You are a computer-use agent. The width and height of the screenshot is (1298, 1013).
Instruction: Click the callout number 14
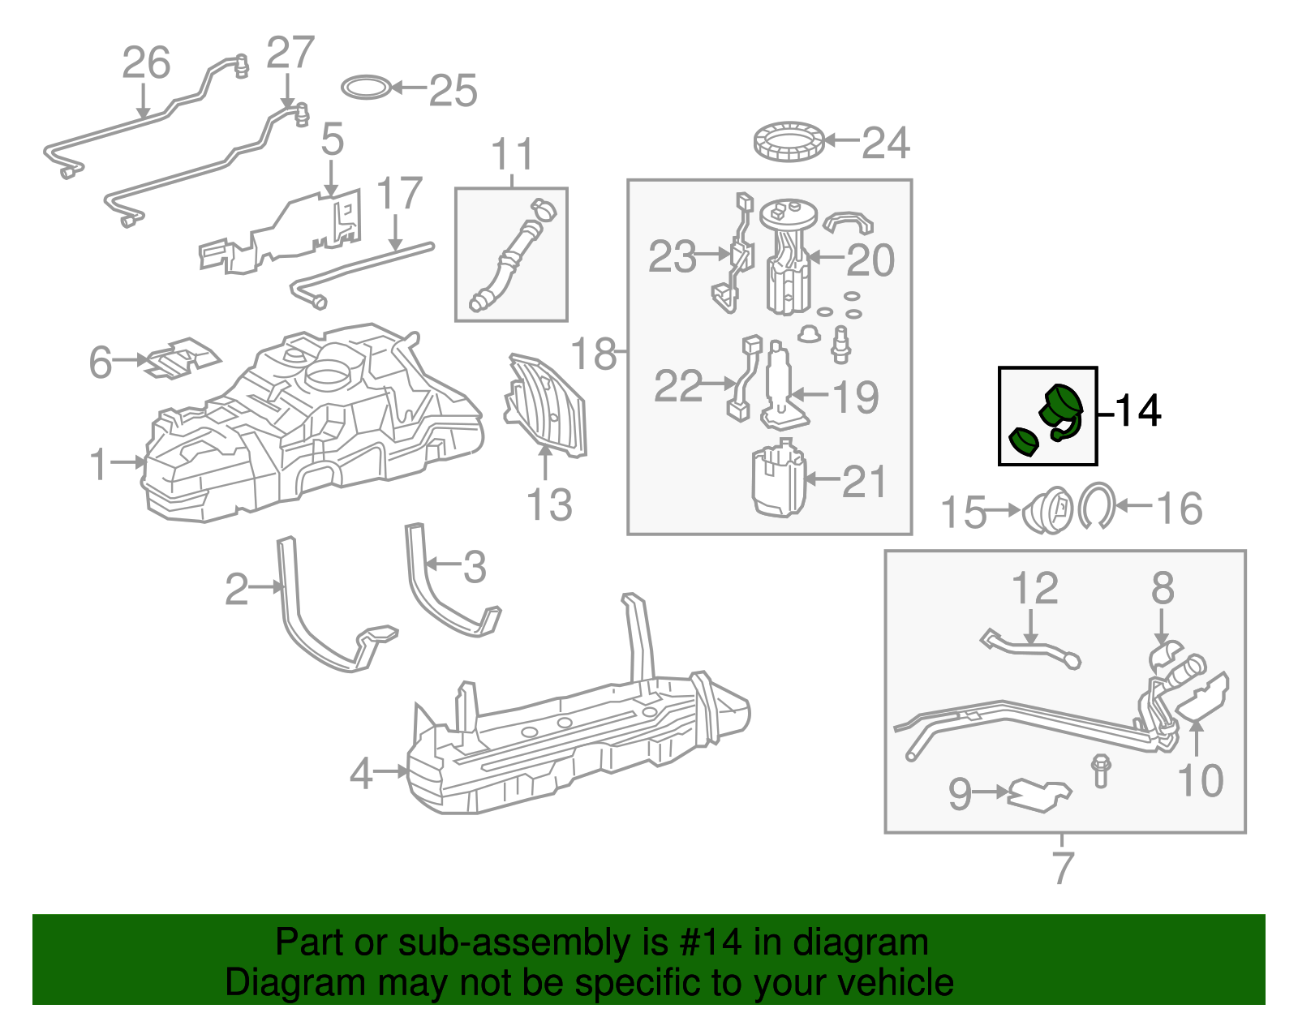click(x=1138, y=410)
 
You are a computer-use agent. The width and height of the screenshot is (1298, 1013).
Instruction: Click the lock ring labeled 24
click(x=789, y=141)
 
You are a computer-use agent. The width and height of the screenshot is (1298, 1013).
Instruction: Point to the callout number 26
click(x=146, y=62)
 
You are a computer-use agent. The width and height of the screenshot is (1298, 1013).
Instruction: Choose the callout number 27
click(x=290, y=53)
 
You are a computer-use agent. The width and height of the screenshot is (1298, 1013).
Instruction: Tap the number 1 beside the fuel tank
click(x=98, y=465)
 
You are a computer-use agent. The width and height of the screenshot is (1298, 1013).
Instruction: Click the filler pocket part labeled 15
click(x=1047, y=510)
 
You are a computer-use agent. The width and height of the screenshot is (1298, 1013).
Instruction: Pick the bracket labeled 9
click(x=1038, y=796)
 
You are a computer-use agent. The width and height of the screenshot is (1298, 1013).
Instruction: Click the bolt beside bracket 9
click(x=1100, y=770)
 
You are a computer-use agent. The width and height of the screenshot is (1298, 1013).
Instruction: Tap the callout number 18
click(x=594, y=354)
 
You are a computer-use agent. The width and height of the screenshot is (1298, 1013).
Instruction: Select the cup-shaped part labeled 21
click(x=779, y=479)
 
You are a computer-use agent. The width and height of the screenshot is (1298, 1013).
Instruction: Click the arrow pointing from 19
click(x=810, y=394)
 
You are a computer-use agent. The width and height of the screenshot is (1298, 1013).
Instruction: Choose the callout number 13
click(x=549, y=505)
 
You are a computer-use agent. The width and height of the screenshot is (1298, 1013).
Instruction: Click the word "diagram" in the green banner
click(x=861, y=942)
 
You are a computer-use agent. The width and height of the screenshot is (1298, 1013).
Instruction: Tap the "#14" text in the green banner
click(x=710, y=942)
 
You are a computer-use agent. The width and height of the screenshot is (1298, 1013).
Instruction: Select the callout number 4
click(x=361, y=774)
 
